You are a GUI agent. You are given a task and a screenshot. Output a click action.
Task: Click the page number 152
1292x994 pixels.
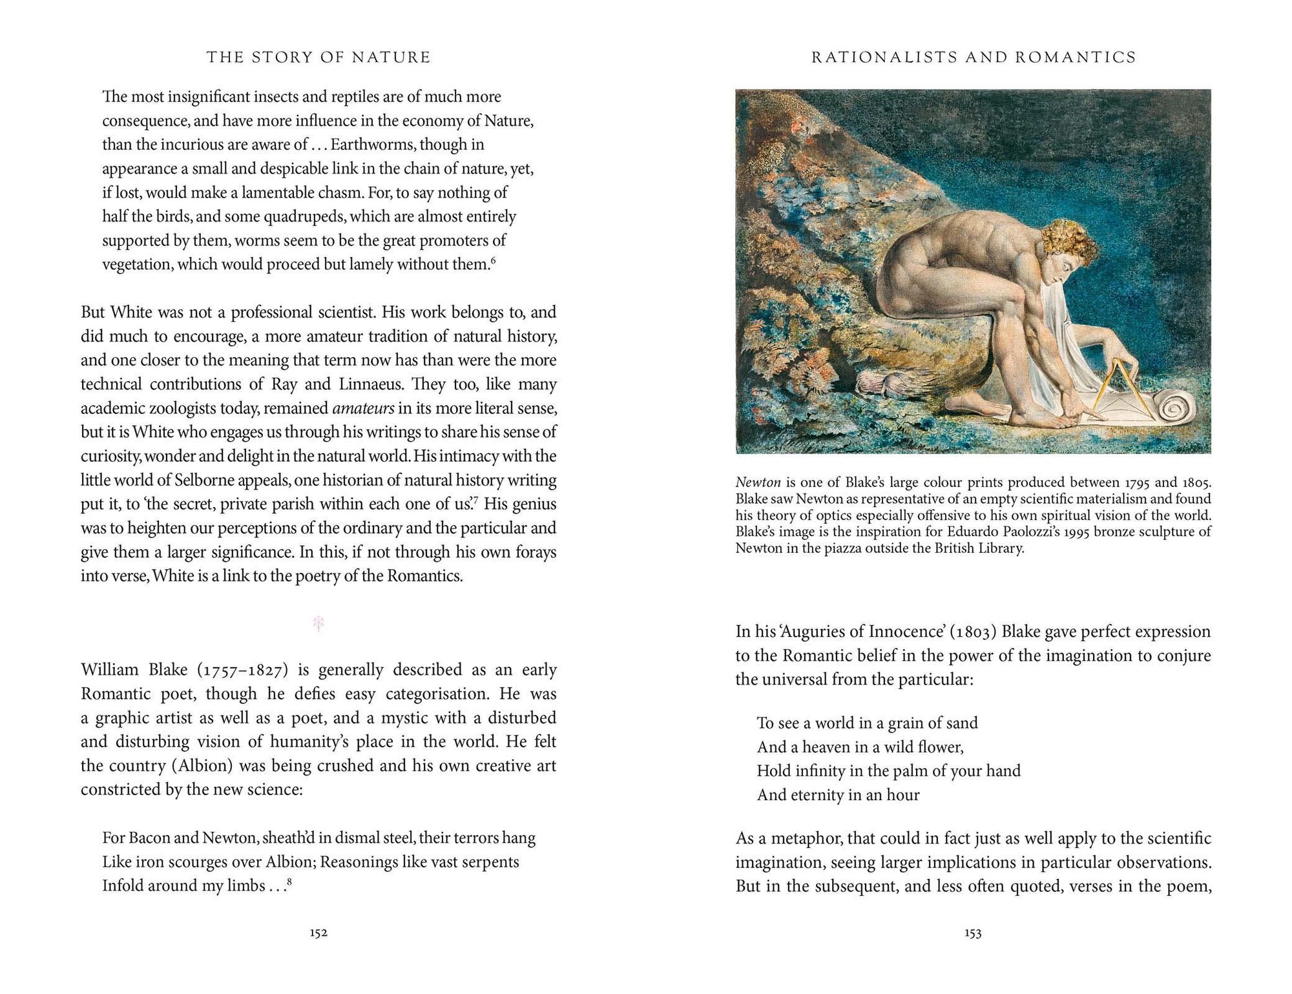pyautogui.click(x=318, y=933)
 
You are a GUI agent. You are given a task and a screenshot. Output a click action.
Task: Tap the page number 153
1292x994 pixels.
pyautogui.click(x=973, y=933)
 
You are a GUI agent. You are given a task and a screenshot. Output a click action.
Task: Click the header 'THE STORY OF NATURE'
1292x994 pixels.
pyautogui.click(x=318, y=57)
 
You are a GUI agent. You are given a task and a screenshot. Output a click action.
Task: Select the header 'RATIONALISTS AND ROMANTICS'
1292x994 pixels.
pyautogui.click(x=974, y=57)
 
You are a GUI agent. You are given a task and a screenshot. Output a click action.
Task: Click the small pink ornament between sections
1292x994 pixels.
pyautogui.click(x=318, y=623)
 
